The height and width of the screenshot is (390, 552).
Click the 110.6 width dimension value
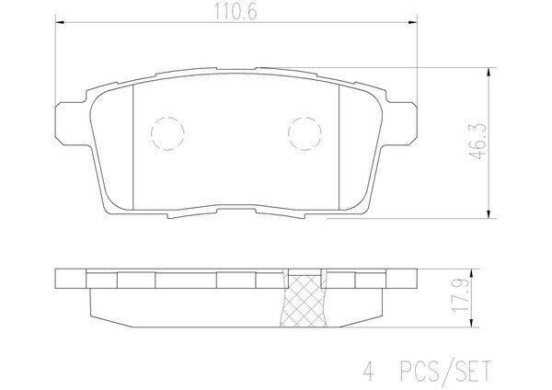(236, 12)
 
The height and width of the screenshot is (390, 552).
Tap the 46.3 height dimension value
(479, 141)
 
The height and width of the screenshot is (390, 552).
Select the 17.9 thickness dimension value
(462, 295)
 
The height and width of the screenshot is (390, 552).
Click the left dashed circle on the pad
(167, 133)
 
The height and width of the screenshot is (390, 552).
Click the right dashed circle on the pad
(305, 133)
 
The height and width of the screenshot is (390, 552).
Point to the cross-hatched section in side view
(304, 301)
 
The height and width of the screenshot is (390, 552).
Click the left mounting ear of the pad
(72, 123)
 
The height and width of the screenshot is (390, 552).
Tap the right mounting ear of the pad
(401, 123)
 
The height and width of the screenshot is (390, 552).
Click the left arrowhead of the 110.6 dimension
(60, 22)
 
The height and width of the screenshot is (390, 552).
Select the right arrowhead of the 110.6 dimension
(413, 22)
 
